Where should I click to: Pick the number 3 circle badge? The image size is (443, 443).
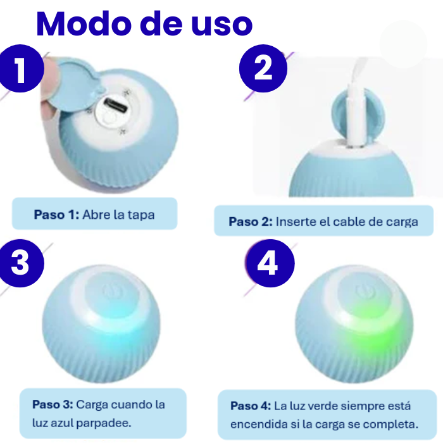pyautogui.click(x=20, y=263)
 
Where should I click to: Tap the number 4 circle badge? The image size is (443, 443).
pyautogui.click(x=268, y=263)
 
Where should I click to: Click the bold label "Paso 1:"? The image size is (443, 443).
pyautogui.click(x=56, y=215)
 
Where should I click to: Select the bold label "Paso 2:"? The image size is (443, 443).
pyautogui.click(x=251, y=222)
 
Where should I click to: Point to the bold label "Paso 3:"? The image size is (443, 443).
pyautogui.click(x=54, y=404)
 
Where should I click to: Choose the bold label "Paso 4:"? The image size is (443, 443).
pyautogui.click(x=251, y=406)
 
